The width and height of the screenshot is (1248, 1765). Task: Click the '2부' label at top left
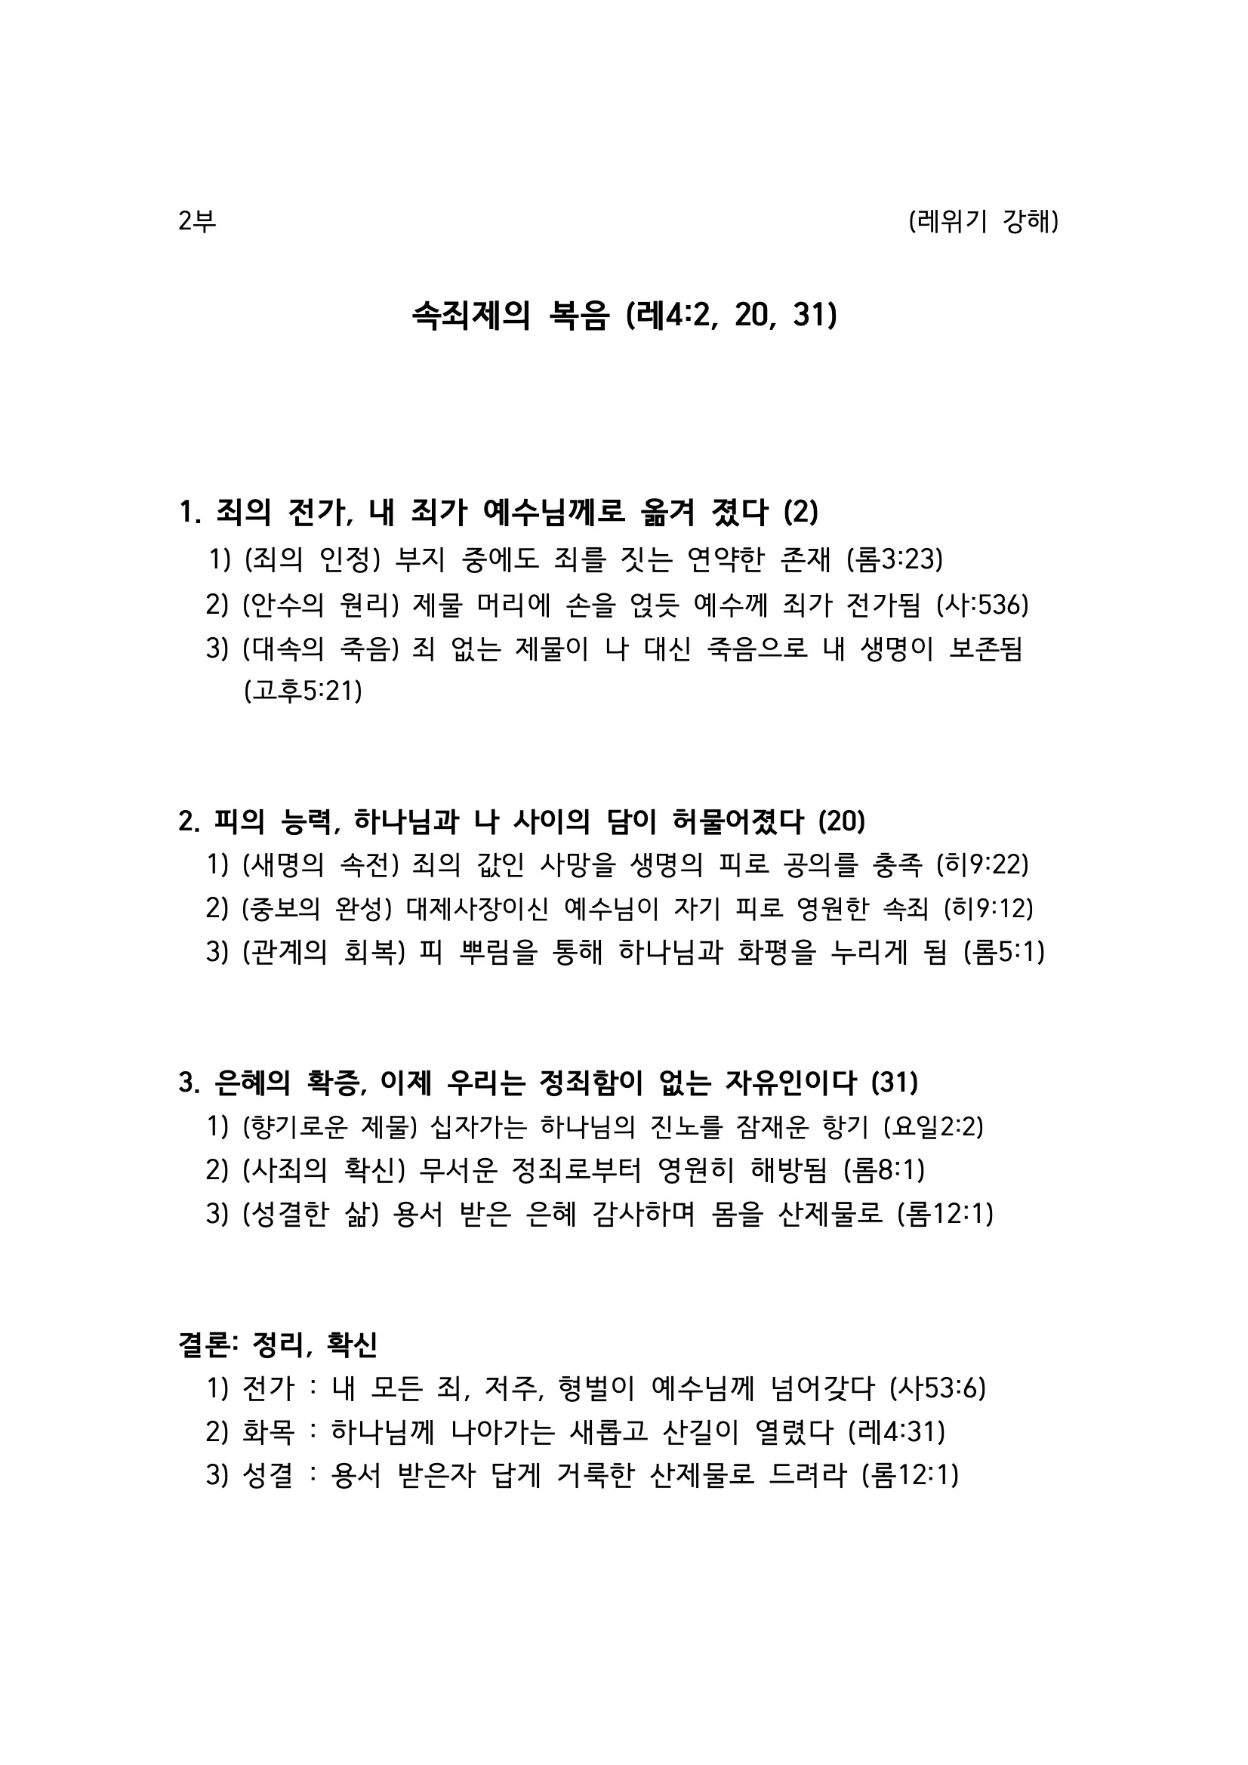tap(197, 221)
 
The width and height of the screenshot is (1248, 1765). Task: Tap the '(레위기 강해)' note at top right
tap(983, 221)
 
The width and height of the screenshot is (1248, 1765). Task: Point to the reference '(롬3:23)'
tap(894, 559)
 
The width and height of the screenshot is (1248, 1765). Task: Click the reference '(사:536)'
tap(982, 605)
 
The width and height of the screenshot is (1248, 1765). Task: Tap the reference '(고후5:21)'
tap(303, 690)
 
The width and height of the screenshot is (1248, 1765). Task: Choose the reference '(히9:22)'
tap(982, 865)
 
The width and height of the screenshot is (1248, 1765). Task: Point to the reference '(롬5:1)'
tap(1003, 952)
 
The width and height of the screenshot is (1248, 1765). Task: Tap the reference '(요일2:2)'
tap(933, 1127)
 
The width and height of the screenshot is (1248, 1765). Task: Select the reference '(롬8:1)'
tap(883, 1170)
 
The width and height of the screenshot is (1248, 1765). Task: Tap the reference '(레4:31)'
tap(896, 1431)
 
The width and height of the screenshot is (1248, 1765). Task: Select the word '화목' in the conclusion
tap(267, 1431)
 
